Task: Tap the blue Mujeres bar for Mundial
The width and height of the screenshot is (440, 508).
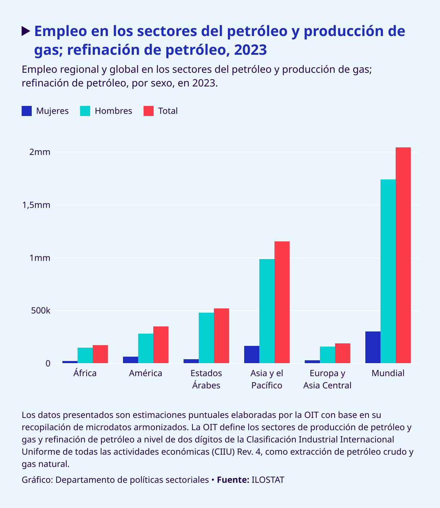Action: click(x=373, y=347)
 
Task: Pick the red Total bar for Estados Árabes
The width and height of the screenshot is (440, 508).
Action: click(x=221, y=336)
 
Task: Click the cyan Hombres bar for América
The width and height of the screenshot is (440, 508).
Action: click(x=145, y=348)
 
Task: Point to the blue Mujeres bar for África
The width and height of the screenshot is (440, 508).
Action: click(x=70, y=362)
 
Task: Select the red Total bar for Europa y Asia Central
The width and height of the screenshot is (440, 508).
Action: click(x=342, y=353)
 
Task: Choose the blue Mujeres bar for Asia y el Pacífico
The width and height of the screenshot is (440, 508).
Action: click(x=251, y=355)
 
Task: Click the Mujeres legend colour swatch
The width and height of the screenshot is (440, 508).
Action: click(x=27, y=111)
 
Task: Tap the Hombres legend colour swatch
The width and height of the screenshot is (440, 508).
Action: click(x=85, y=111)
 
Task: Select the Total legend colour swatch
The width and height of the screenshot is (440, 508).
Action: click(x=149, y=111)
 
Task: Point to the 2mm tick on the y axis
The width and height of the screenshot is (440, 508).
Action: click(x=40, y=152)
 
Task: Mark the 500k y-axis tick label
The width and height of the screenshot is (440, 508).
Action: click(x=40, y=311)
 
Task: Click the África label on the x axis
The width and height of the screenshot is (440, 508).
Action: click(x=85, y=373)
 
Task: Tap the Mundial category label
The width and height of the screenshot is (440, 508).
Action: click(x=388, y=373)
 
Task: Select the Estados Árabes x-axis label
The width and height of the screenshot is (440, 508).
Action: click(x=206, y=379)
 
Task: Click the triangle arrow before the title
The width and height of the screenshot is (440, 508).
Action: click(x=26, y=31)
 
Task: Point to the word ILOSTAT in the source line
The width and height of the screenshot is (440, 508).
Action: click(x=268, y=480)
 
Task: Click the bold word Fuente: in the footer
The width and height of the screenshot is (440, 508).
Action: click(x=233, y=480)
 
